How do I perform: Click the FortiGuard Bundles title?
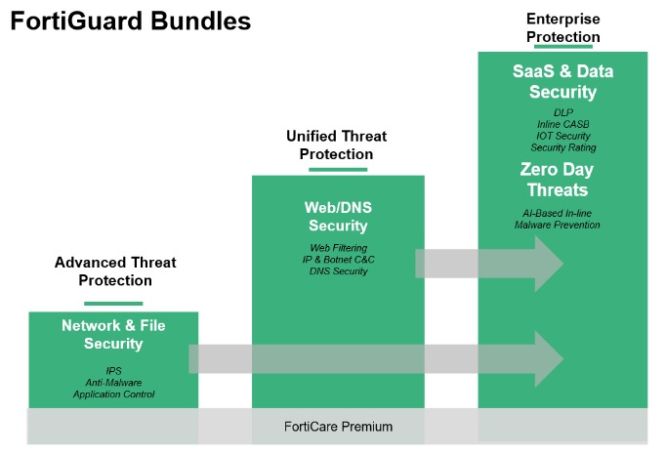[x=130, y=21]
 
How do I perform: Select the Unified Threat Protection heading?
[x=336, y=145]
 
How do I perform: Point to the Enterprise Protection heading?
[x=562, y=27]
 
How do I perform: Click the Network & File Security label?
[x=113, y=335]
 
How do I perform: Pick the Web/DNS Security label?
[x=336, y=217]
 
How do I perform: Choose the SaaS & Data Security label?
[x=562, y=82]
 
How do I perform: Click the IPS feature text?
[x=113, y=372]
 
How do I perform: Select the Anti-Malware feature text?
[x=113, y=384]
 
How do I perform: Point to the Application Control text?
[x=113, y=395]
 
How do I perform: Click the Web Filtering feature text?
[x=336, y=248]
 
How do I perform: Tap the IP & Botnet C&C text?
[x=336, y=260]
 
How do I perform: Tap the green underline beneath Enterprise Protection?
[x=562, y=46]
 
